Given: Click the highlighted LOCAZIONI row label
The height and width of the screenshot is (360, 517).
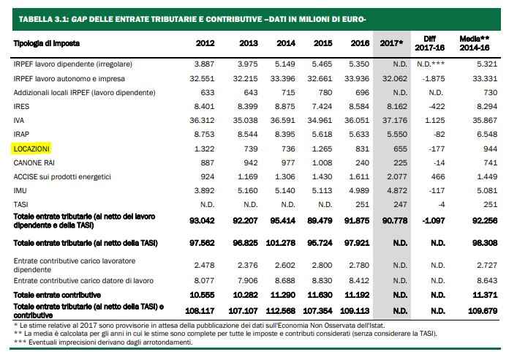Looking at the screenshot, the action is click(x=31, y=149).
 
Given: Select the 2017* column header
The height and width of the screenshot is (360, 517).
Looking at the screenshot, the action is click(x=391, y=43).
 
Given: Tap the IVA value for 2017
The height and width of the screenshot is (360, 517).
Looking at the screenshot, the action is click(x=395, y=121).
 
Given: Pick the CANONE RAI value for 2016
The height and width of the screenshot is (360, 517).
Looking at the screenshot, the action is click(x=362, y=162).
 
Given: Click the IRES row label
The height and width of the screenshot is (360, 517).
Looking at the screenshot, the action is click(x=21, y=107).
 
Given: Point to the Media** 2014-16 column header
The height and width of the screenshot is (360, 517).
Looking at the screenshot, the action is click(x=475, y=43).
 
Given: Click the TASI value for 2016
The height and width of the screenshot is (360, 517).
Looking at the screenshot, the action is click(x=362, y=205).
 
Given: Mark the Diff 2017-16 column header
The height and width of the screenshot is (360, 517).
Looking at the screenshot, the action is click(x=430, y=43).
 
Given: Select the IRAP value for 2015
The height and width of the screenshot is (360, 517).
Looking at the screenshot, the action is click(x=322, y=135).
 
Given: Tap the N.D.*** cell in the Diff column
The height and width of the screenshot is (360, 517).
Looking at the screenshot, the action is click(x=431, y=64).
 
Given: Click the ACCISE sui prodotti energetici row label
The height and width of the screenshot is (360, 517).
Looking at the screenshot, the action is click(x=62, y=177).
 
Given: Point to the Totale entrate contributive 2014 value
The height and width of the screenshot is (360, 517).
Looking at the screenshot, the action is click(x=282, y=295).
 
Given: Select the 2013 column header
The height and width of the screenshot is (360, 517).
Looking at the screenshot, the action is click(x=249, y=43).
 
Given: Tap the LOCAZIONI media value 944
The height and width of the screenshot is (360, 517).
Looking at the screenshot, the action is click(x=490, y=149).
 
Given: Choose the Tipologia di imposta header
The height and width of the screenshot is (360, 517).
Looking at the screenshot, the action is click(x=47, y=43).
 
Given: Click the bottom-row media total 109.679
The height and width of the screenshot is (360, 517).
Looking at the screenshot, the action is click(x=483, y=311).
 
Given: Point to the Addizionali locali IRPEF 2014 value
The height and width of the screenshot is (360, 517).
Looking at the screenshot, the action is click(x=288, y=93).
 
